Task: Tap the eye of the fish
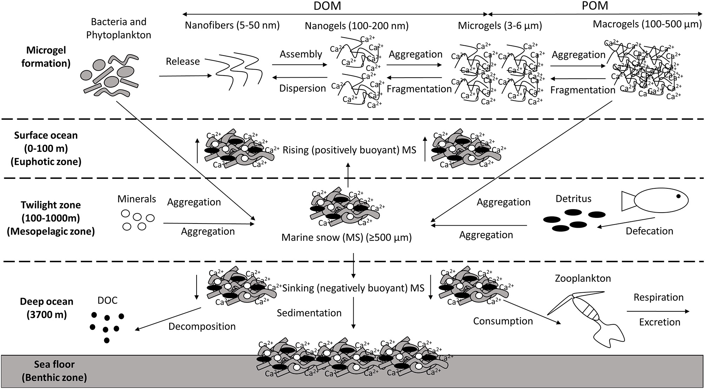tap(679, 196)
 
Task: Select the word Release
tap(183, 61)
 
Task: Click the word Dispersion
tap(302, 88)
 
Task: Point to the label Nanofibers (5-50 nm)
tap(232, 26)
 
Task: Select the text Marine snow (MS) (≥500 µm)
tap(346, 238)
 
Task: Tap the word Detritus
tap(573, 199)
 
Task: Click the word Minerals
tap(137, 199)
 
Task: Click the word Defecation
tap(650, 231)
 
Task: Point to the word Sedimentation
tap(309, 313)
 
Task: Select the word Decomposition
tap(202, 326)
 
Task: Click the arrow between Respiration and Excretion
tap(657, 311)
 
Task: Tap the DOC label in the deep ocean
tap(107, 301)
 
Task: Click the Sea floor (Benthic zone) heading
tap(54, 371)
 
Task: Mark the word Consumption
tap(503, 321)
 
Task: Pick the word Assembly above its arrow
tap(301, 54)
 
